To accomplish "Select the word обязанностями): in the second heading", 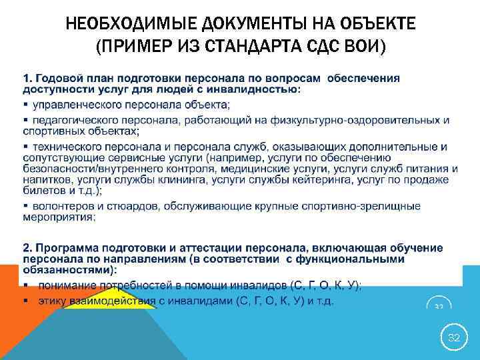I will coord(79,270).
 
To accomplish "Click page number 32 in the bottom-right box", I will coord(453,338).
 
